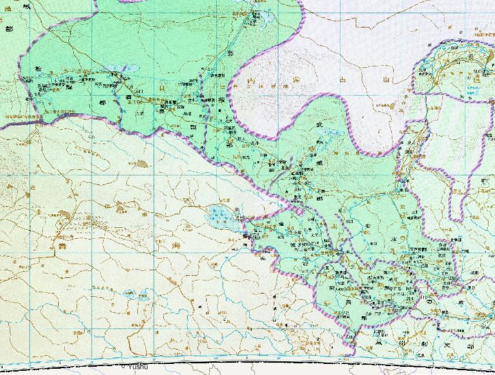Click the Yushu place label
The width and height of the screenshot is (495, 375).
(x=138, y=367)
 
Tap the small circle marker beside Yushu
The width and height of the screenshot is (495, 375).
(x=124, y=365)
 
